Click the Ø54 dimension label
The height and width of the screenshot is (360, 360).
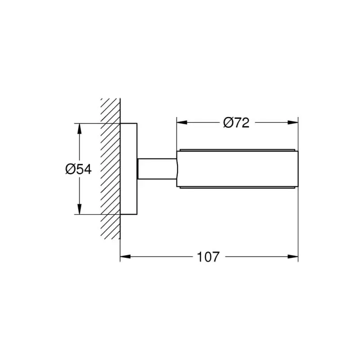(x=78, y=170)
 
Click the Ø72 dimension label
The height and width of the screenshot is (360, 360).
(x=236, y=122)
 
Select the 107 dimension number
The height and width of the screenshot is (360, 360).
(x=208, y=256)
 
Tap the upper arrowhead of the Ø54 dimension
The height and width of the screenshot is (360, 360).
(x=79, y=129)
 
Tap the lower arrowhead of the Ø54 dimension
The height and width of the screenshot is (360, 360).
(x=79, y=209)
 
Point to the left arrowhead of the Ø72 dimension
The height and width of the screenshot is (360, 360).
(x=182, y=122)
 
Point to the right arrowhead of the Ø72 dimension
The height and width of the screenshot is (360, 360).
(x=293, y=122)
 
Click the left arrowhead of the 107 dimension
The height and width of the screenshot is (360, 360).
(x=126, y=256)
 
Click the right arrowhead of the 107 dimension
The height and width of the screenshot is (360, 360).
(x=293, y=256)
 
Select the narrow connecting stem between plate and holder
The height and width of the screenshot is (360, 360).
(x=157, y=169)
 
